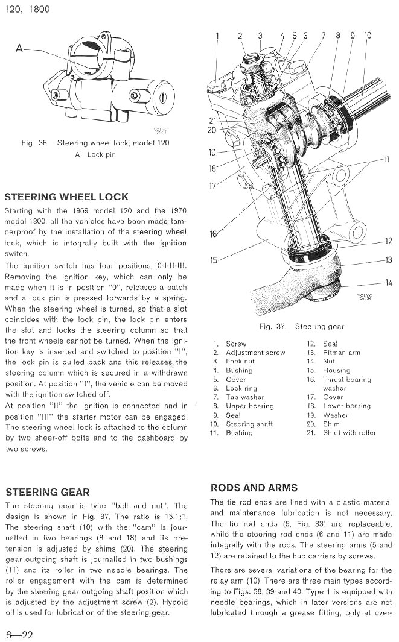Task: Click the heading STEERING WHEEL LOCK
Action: pos(66,197)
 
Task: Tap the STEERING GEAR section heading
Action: pos(47,492)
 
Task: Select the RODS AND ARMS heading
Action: pos(254,488)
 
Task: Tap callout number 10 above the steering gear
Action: pos(368,36)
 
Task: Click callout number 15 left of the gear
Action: pos(214,260)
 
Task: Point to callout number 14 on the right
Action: pos(388,282)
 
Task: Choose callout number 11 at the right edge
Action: pos(386,159)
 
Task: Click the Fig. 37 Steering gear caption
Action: pos(301,327)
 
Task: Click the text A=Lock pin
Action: pos(95,154)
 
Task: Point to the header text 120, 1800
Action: pos(27,9)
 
